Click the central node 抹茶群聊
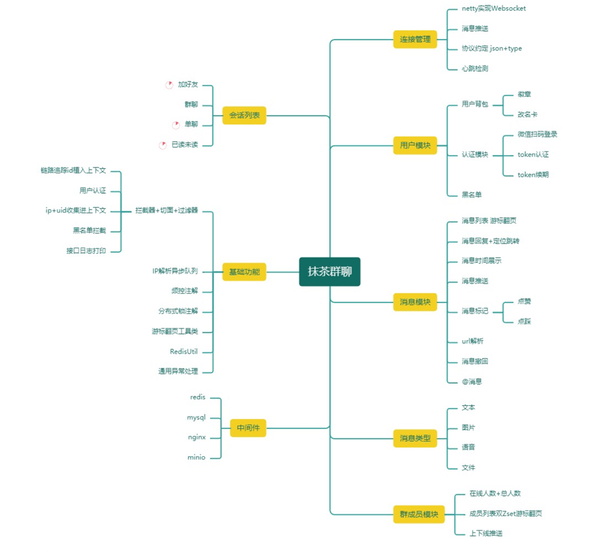click(329, 272)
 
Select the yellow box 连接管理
click(415, 39)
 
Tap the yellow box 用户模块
click(415, 145)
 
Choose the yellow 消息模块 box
click(415, 302)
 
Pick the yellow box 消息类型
click(415, 438)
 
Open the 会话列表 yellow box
click(244, 115)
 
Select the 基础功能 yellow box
click(244, 272)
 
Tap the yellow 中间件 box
click(248, 428)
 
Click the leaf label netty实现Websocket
click(493, 9)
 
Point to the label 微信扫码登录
click(537, 134)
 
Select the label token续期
click(533, 175)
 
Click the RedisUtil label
click(183, 352)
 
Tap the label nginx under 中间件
click(197, 438)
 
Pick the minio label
click(197, 458)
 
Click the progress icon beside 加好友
click(170, 85)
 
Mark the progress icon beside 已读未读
click(163, 145)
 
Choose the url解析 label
click(472, 341)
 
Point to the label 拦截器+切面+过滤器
click(166, 211)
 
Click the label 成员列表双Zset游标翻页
click(505, 513)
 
